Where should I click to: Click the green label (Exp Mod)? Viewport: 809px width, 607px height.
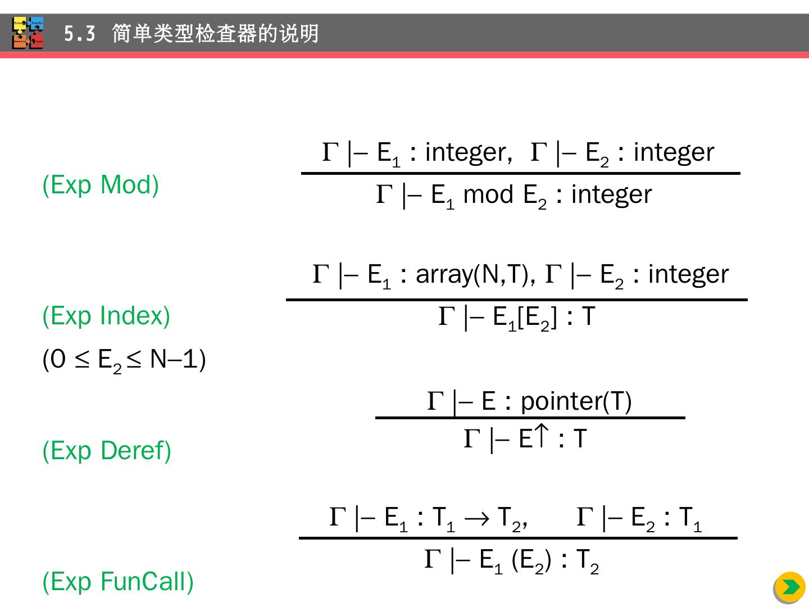pyautogui.click(x=101, y=185)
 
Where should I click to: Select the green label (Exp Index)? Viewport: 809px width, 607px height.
pyautogui.click(x=106, y=316)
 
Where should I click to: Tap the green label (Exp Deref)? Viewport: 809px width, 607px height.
pyautogui.click(x=107, y=451)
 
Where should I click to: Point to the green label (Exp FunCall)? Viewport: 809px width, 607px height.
pyautogui.click(x=118, y=581)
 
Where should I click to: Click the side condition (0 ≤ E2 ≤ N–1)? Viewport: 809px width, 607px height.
pyautogui.click(x=124, y=360)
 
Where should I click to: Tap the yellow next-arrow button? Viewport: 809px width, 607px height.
pyautogui.click(x=789, y=587)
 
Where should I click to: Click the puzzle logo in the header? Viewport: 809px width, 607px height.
pyautogui.click(x=28, y=33)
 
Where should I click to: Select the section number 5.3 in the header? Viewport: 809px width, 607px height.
pyautogui.click(x=79, y=34)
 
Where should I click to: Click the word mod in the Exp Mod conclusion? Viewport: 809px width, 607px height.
pyautogui.click(x=489, y=195)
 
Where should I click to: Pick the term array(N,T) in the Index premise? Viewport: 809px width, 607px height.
pyautogui.click(x=475, y=275)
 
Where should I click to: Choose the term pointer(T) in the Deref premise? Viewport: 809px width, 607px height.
pyautogui.click(x=576, y=401)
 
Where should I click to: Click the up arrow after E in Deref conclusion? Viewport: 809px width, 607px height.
pyautogui.click(x=540, y=436)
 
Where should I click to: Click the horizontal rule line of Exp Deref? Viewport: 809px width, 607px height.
pyautogui.click(x=530, y=418)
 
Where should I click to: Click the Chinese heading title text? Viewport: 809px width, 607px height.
pyautogui.click(x=215, y=34)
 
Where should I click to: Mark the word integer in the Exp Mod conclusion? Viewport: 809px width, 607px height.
pyautogui.click(x=611, y=195)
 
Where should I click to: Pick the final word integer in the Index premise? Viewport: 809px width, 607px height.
pyautogui.click(x=688, y=275)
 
